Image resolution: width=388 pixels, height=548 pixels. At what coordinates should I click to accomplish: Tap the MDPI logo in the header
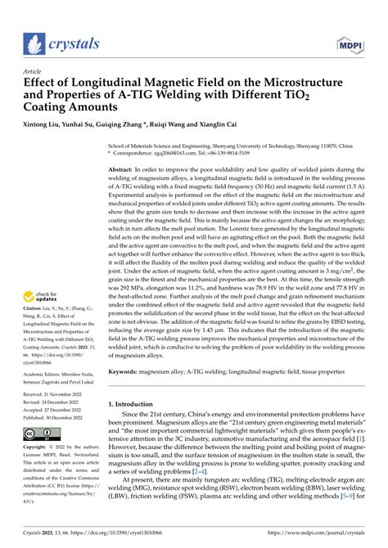[x=353, y=43]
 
